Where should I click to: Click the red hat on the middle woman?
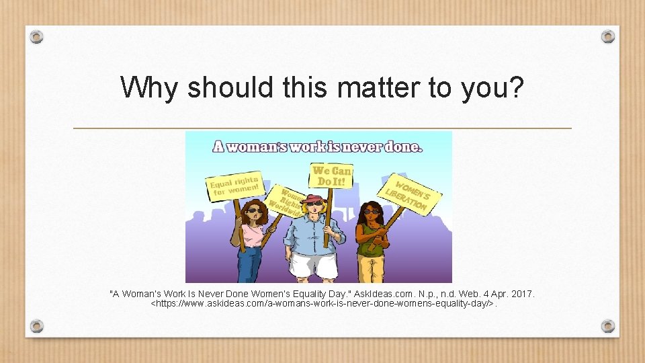pyautogui.click(x=313, y=198)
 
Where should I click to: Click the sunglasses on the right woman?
pyautogui.click(x=372, y=212)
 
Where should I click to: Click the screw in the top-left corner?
pyautogui.click(x=37, y=36)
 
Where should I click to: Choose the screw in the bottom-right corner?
pyautogui.click(x=607, y=326)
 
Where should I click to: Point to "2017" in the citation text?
pyautogui.click(x=521, y=294)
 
